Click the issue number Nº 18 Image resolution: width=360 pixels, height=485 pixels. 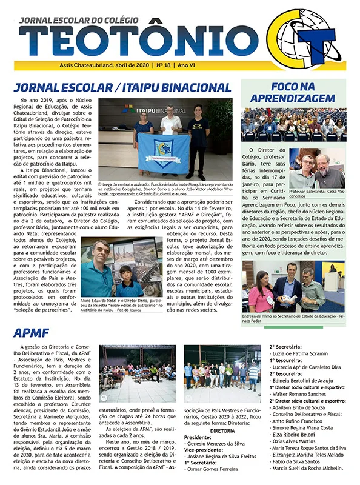(161, 65)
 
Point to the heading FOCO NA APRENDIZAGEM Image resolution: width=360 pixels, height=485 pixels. (293, 92)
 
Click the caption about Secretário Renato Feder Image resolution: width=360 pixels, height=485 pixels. (293, 319)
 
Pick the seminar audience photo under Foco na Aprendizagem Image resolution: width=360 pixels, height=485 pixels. (293, 124)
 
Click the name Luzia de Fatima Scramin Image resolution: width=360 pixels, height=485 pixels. (301, 353)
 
